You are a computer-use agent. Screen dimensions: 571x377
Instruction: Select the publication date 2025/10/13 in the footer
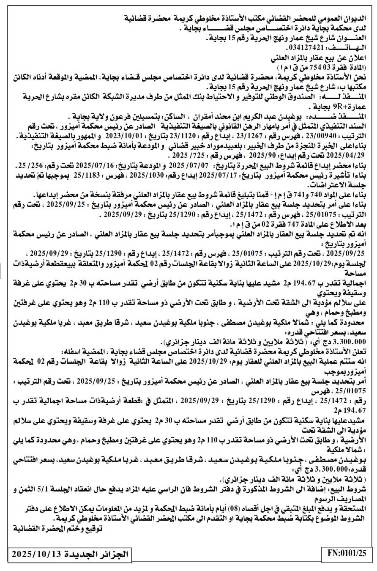pyautogui.click(x=37, y=554)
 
